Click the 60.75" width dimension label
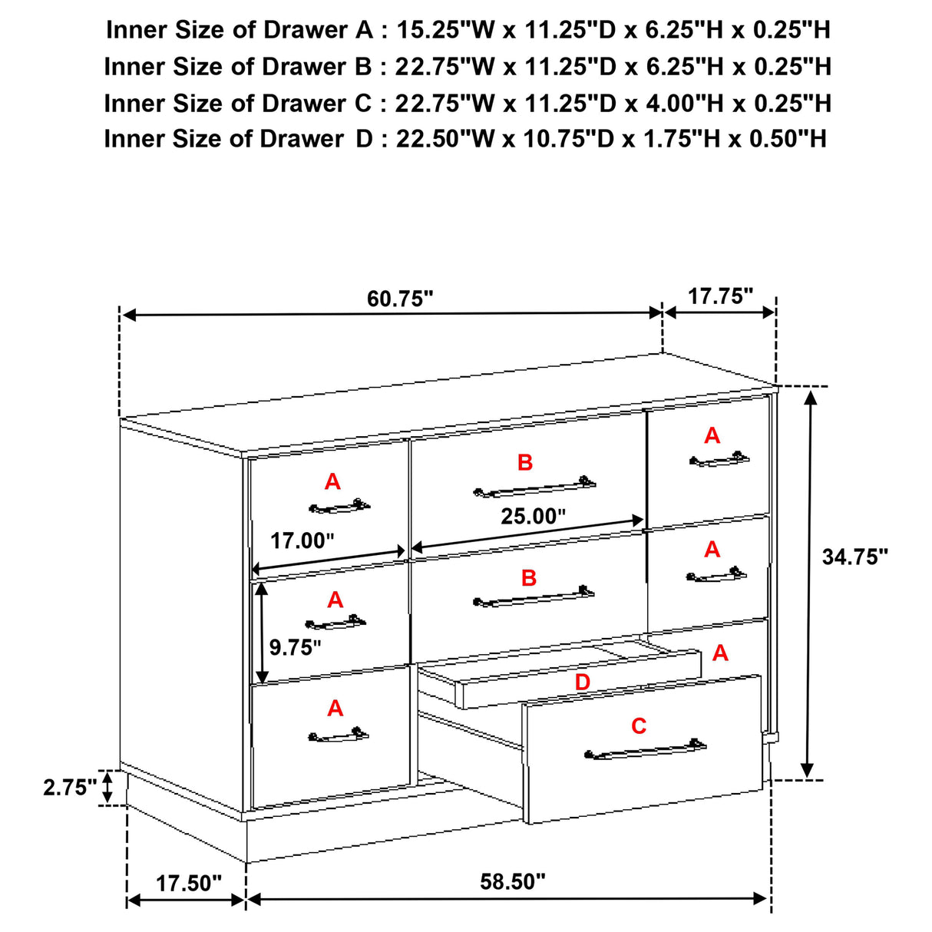click(400, 299)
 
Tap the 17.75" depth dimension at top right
click(720, 296)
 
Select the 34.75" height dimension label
click(854, 557)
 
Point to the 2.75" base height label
click(70, 788)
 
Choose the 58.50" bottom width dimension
click(513, 881)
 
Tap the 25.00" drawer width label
click(533, 517)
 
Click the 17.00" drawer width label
click(302, 540)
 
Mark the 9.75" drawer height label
click(295, 647)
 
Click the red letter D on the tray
click(583, 682)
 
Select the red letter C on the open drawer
click(639, 725)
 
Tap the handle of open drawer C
click(645, 749)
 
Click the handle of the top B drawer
click(534, 487)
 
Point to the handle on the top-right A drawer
click(719, 460)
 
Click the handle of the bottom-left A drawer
click(338, 736)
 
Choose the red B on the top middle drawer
click(525, 462)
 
